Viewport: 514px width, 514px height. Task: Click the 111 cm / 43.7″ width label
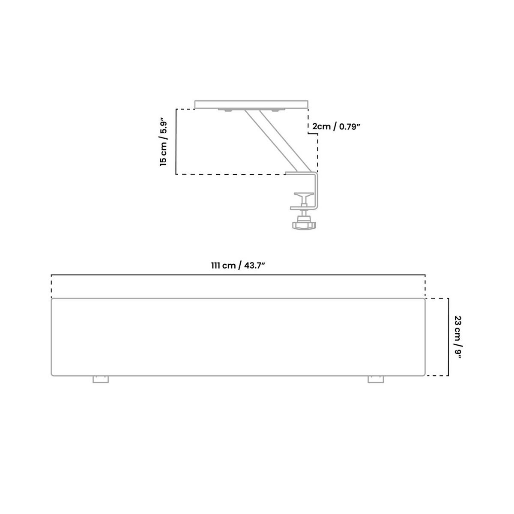[x=238, y=266]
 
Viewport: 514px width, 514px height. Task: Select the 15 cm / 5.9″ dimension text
[x=163, y=142]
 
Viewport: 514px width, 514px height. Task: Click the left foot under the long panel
[x=101, y=380]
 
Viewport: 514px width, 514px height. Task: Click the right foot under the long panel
[x=376, y=380]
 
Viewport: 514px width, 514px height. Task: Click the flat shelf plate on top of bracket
[x=251, y=104]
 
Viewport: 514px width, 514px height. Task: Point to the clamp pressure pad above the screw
[x=303, y=195]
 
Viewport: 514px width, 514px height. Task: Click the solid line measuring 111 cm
[x=238, y=275]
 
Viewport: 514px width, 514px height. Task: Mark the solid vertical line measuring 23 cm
[x=448, y=337]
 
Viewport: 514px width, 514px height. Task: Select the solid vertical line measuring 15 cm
[x=176, y=142]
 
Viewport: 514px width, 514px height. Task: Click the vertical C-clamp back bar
[x=317, y=191]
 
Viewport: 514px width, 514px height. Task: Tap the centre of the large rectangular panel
[x=238, y=337]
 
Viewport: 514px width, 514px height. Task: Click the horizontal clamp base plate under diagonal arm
[x=300, y=173]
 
